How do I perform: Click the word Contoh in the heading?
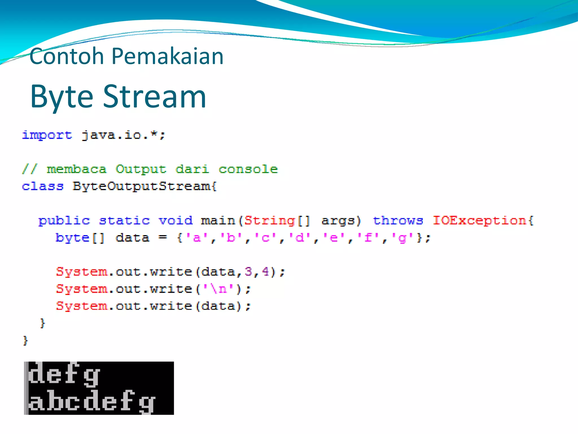click(67, 56)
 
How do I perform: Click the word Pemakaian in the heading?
click(167, 56)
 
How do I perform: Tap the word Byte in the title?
click(62, 97)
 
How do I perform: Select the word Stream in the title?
click(154, 97)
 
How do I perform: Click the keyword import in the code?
click(47, 135)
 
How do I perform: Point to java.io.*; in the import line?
click(123, 135)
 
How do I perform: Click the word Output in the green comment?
click(141, 169)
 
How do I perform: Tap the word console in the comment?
click(248, 169)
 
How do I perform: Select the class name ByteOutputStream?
click(144, 186)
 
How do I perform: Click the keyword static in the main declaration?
click(124, 220)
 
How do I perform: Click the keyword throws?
click(398, 220)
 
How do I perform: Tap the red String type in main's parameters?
click(270, 220)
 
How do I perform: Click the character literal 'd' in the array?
click(300, 238)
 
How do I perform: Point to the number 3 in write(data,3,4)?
click(248, 272)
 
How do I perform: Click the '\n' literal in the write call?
click(219, 289)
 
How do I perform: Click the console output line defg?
click(64, 374)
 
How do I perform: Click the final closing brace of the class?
click(25, 340)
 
